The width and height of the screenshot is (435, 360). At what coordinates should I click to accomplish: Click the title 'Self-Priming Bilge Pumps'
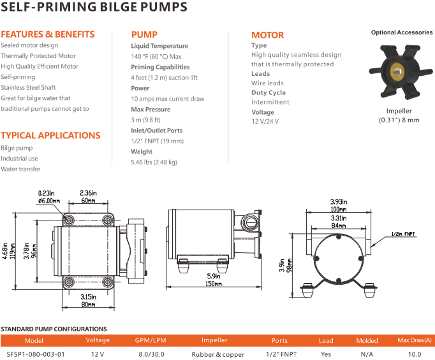tap(94, 8)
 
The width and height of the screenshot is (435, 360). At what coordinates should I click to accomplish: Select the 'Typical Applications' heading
tap(50, 135)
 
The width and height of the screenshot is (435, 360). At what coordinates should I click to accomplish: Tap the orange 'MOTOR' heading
tap(267, 35)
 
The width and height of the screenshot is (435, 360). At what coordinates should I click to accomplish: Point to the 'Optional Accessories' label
tap(402, 32)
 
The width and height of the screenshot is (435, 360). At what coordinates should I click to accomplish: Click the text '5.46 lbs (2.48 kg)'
tap(154, 162)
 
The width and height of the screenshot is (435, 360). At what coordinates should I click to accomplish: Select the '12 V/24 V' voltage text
tap(265, 121)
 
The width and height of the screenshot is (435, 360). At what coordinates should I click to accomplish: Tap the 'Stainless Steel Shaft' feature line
tap(28, 87)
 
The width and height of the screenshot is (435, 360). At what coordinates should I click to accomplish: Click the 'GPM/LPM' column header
tap(152, 341)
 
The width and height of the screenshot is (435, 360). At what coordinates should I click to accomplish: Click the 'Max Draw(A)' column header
tap(415, 341)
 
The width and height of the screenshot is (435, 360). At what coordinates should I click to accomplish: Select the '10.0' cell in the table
tap(415, 354)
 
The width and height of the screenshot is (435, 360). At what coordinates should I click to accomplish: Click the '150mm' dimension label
tap(214, 284)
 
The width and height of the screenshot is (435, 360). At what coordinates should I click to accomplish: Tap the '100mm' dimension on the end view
tap(338, 210)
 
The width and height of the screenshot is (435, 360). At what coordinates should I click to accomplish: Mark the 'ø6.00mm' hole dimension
tap(49, 201)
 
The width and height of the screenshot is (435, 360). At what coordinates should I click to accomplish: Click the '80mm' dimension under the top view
tap(88, 305)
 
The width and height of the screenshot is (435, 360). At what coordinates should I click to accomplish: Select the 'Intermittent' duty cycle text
tap(270, 102)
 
